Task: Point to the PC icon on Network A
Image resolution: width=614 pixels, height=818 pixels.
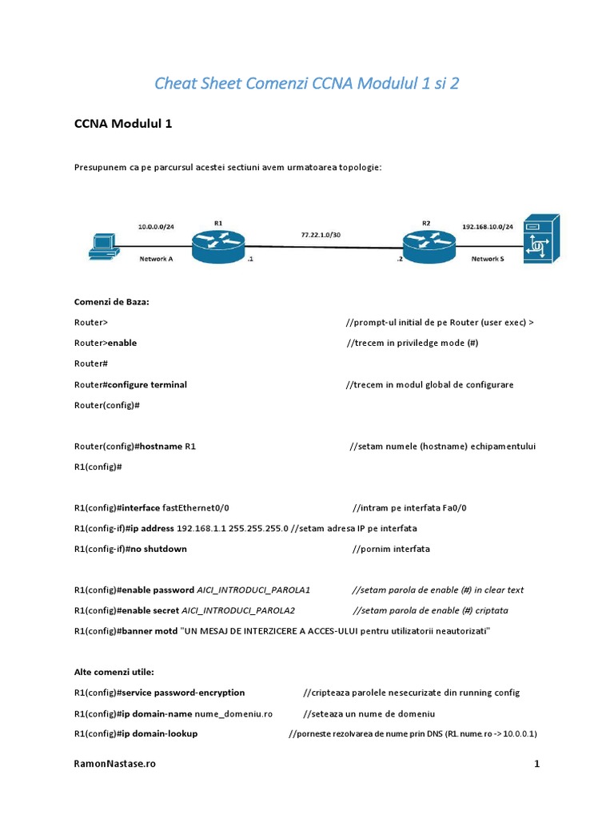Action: coord(103,246)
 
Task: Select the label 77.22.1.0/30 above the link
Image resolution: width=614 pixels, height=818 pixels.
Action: coord(320,236)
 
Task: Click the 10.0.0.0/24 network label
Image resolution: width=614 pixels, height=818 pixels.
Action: coord(156,227)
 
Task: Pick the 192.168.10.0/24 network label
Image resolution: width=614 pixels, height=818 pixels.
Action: coord(487,227)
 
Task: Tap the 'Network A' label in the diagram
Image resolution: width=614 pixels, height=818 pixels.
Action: coord(156,259)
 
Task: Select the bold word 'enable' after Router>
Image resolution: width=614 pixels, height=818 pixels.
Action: coord(122,343)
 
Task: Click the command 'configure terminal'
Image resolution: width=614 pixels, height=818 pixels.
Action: coord(148,384)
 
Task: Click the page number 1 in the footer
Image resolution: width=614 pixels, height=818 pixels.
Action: coord(537,764)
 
